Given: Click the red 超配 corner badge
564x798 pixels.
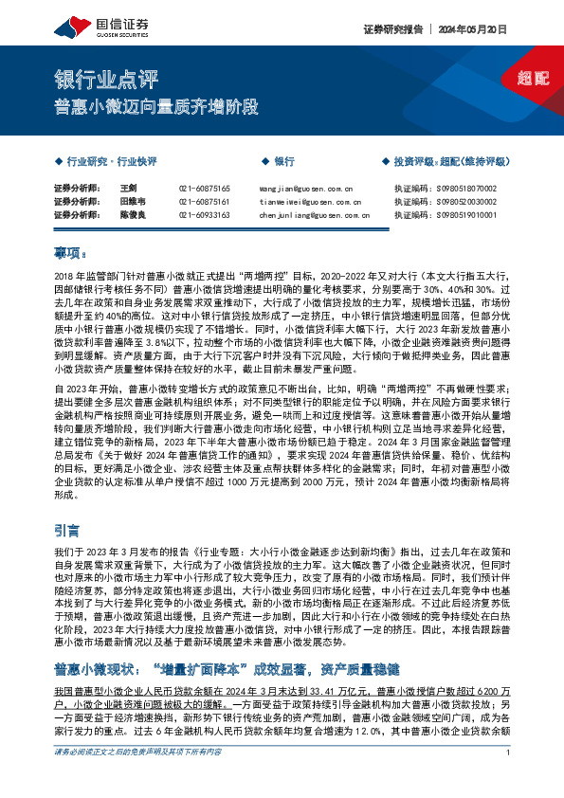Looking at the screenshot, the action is tap(534, 79).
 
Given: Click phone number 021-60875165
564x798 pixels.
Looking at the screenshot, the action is tap(204, 189).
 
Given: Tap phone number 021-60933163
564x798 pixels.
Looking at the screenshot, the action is tap(204, 215).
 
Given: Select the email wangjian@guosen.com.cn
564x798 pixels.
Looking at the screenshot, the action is tap(305, 189).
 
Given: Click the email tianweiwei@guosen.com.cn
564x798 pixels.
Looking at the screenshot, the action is tap(309, 202).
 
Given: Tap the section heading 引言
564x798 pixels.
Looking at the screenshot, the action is tap(67, 532).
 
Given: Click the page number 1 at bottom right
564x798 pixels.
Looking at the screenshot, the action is tap(510, 779).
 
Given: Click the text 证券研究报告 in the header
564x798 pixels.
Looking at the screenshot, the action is tap(390, 28).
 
